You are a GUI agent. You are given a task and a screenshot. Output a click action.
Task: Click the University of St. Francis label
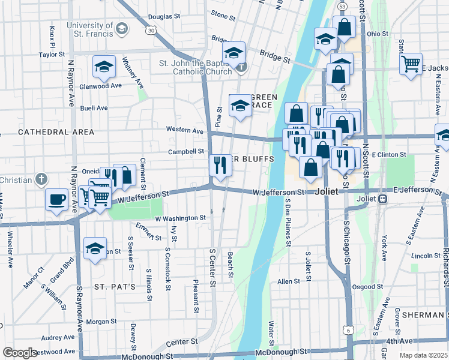pyautogui.click(x=90, y=29)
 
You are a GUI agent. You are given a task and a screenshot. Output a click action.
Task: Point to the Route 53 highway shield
pyautogui.click(x=342, y=5)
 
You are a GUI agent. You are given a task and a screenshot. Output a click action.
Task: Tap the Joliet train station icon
pyautogui.click(x=382, y=199)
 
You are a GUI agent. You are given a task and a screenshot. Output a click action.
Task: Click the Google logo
pyautogui.click(x=19, y=353)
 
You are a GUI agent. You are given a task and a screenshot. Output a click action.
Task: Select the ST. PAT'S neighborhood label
pyautogui.click(x=115, y=287)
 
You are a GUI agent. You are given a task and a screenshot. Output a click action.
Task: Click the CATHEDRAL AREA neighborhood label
pyautogui.click(x=56, y=131)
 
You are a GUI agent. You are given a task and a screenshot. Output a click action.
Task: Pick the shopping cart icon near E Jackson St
pyautogui.click(x=411, y=64)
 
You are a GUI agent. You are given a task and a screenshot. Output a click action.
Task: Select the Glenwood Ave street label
pyautogui.click(x=101, y=86)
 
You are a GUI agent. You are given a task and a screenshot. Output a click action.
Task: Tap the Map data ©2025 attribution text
pyautogui.click(x=423, y=355)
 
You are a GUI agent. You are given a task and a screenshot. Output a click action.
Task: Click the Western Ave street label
pyautogui.click(x=185, y=130)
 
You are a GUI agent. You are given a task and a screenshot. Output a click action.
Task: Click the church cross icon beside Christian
pyautogui.click(x=41, y=179)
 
